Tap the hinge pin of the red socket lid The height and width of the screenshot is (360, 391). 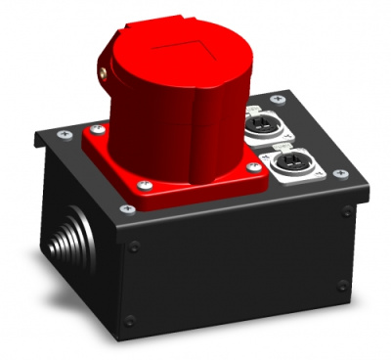pos(102,70)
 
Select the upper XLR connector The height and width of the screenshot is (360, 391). pos(266,126)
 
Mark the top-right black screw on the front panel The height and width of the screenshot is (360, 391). pos(345,210)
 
